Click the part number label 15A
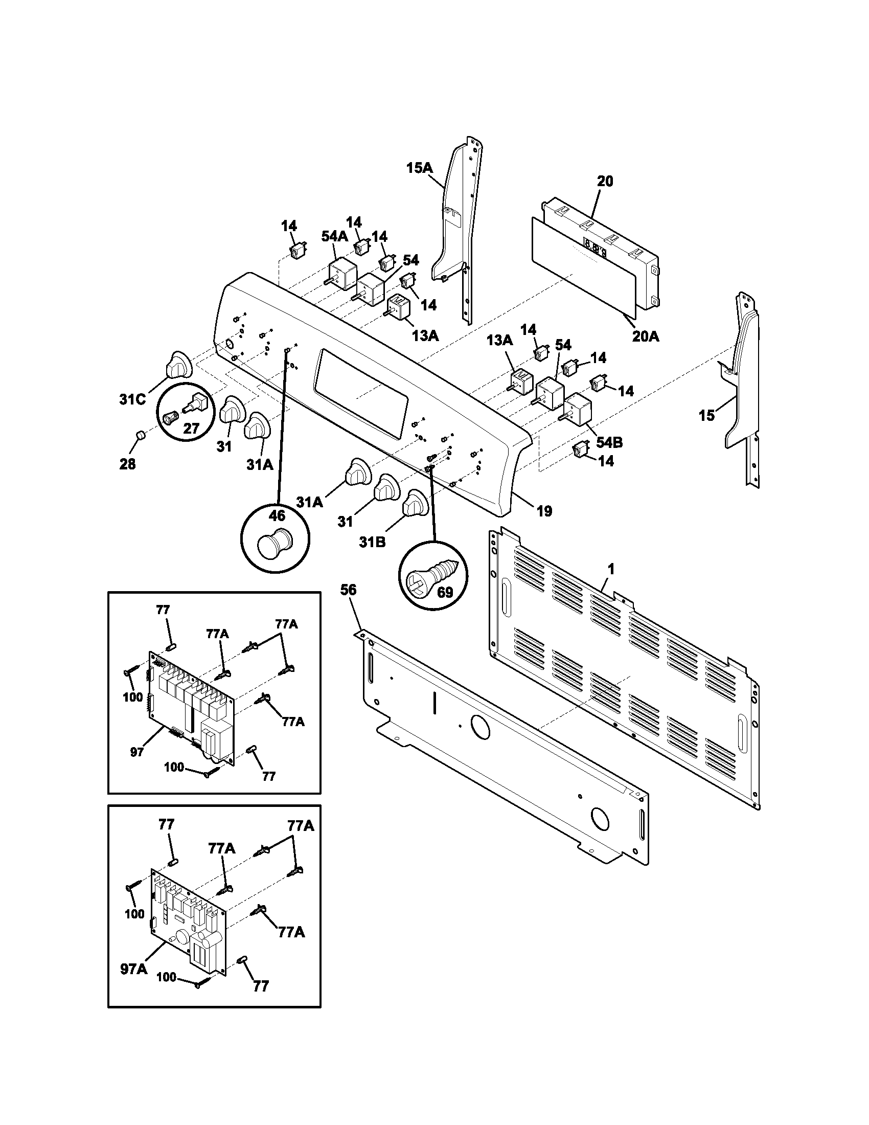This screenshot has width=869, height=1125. point(420,168)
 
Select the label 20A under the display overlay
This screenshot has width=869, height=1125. point(646,336)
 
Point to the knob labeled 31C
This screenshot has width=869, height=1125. point(178,366)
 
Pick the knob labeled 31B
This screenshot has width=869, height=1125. point(415,503)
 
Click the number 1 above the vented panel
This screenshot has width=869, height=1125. point(610,569)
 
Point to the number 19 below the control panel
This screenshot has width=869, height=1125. point(544,511)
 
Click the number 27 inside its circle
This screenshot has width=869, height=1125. point(191,428)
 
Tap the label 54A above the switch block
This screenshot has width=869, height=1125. point(334,236)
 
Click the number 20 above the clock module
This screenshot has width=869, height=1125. point(605,182)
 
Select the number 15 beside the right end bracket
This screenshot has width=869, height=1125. point(706,415)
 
